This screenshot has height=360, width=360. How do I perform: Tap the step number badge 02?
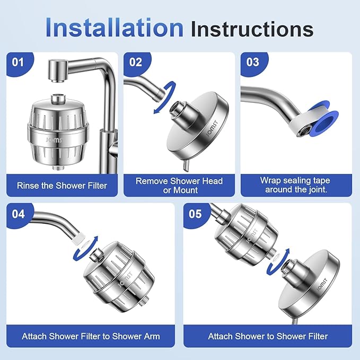pos(136,63)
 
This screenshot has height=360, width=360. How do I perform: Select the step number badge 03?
pos(253,63)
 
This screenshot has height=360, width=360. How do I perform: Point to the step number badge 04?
pos(19,214)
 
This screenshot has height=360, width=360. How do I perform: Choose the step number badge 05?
pos(196,214)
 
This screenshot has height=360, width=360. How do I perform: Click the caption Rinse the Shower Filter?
pos(62,186)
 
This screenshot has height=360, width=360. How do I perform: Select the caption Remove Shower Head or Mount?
pos(179,185)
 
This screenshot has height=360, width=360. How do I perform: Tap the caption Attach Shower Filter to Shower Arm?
pos(91,336)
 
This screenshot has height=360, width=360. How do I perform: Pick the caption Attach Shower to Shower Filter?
pos(268,336)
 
